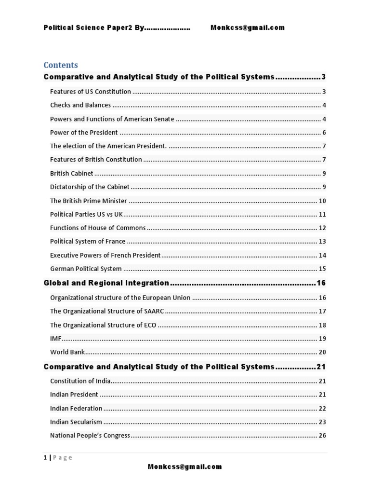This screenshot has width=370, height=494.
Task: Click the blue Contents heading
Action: [x=61, y=65]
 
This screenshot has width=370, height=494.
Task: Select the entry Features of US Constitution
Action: [x=91, y=92]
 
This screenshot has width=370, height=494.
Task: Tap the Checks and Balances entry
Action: [x=80, y=105]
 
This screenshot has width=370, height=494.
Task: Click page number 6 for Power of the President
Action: [x=325, y=133]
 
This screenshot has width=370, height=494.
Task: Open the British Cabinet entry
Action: [x=72, y=173]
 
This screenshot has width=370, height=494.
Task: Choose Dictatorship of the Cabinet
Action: [x=90, y=187]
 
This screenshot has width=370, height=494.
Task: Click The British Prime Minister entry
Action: [x=89, y=201]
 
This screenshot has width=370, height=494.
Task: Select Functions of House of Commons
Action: [x=98, y=228]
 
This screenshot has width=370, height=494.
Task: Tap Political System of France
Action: [x=88, y=241]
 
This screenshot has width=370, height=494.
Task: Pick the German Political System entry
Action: [x=86, y=269]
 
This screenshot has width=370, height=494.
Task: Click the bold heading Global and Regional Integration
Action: [x=106, y=283]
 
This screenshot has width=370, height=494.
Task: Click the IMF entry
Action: [x=56, y=339]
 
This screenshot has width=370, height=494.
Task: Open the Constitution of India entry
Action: [x=80, y=381]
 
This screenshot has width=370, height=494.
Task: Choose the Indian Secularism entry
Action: [x=76, y=422]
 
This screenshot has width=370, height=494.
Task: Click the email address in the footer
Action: [x=185, y=467]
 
